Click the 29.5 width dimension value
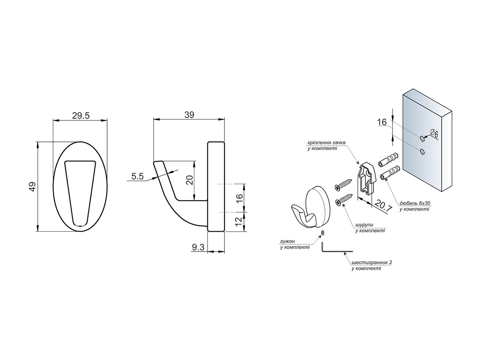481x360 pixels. click(80, 116)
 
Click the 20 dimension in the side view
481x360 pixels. click(190, 180)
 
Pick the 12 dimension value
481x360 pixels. click(238, 221)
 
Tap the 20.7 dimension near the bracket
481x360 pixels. click(383, 207)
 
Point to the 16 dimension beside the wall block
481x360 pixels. click(381, 122)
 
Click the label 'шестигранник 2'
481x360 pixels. click(372, 263)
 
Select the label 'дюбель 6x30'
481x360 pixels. click(415, 204)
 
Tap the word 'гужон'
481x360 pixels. click(287, 241)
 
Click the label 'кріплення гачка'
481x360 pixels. click(326, 143)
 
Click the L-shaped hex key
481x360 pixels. click(332, 249)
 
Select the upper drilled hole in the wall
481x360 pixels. click(422, 138)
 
